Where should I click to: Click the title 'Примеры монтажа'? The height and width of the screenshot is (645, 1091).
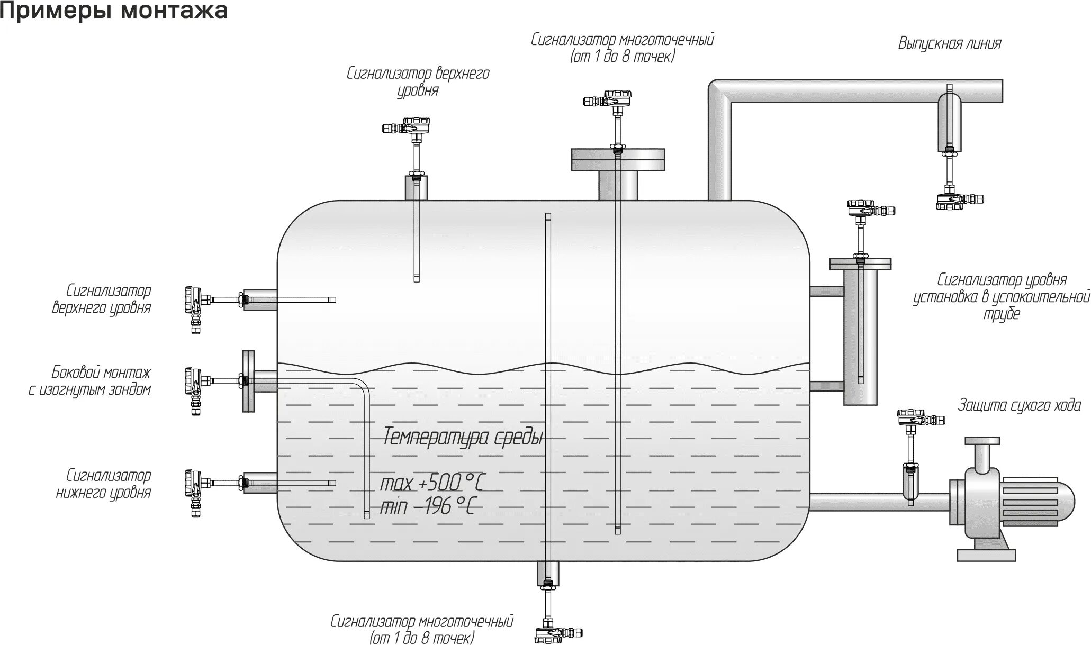coord(114,11)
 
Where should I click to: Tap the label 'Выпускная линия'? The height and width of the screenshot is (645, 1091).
coord(950,43)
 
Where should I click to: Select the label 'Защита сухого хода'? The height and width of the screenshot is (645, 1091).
coord(1020,406)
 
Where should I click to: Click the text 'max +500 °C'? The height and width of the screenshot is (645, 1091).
coord(432,483)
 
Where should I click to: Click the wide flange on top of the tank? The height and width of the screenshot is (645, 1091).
coord(617,159)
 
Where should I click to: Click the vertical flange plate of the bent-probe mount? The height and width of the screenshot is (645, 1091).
coord(248,380)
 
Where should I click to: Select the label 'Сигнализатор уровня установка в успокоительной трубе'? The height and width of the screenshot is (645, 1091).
coord(1002,296)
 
